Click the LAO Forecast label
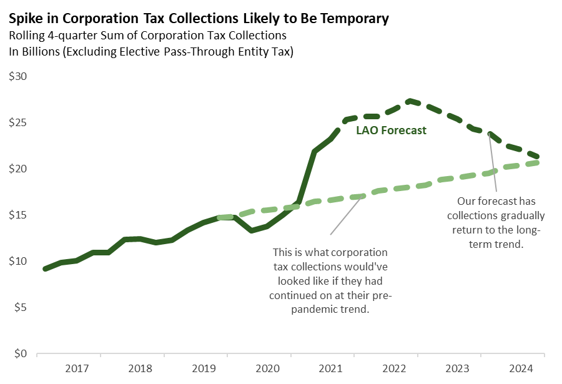391,130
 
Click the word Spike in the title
24,19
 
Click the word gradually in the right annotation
523,215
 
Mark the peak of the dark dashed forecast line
409,101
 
